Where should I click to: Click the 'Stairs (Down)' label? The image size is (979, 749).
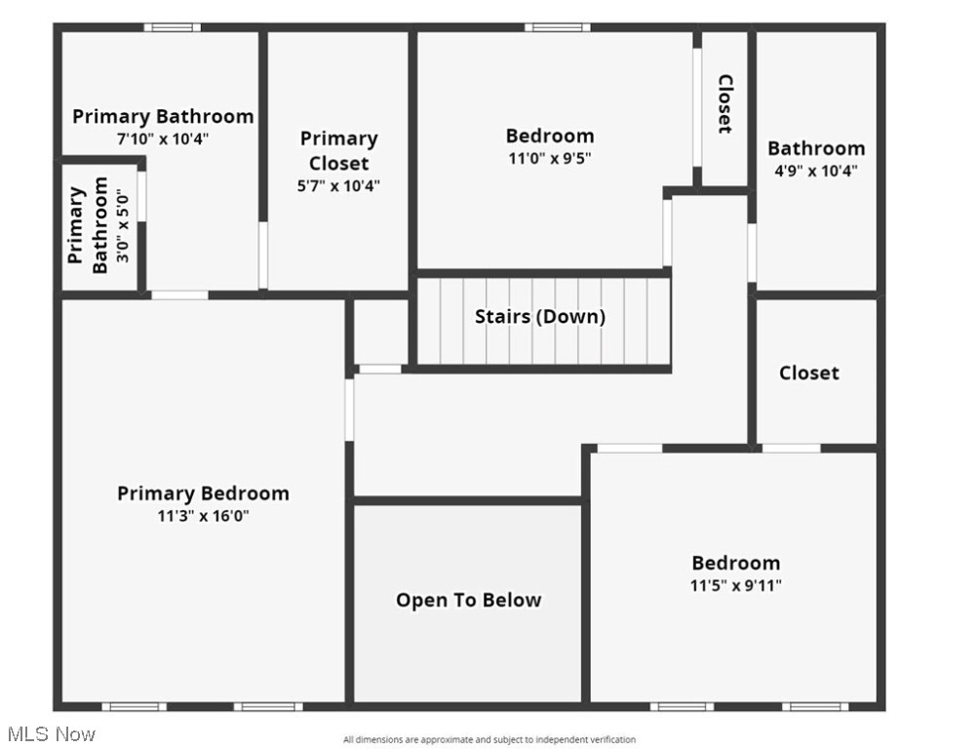(539, 316)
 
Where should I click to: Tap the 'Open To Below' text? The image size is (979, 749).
(468, 600)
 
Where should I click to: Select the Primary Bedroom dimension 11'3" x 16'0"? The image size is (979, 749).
(203, 516)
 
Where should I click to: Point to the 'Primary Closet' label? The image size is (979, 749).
(338, 150)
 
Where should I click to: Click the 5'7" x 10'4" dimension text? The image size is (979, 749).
(338, 185)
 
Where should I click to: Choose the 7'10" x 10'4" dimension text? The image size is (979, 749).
(163, 138)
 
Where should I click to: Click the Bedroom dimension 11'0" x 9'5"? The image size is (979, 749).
(550, 157)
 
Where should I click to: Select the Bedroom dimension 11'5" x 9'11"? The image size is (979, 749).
(735, 585)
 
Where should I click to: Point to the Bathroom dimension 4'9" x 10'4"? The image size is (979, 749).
(816, 171)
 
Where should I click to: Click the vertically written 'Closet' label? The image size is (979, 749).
(725, 104)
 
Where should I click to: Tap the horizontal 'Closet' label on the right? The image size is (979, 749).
(808, 373)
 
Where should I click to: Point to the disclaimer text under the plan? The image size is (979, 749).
(489, 739)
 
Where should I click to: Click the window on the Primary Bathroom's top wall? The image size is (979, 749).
(173, 27)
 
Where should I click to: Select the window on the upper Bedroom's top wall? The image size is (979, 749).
(557, 27)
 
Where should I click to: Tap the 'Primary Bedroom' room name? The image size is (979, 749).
(203, 493)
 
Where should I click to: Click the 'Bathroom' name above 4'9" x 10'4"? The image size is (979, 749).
(816, 148)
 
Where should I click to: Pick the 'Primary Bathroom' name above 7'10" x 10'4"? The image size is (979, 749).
(163, 116)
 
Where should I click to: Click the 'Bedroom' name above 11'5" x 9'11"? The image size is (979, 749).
(735, 563)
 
